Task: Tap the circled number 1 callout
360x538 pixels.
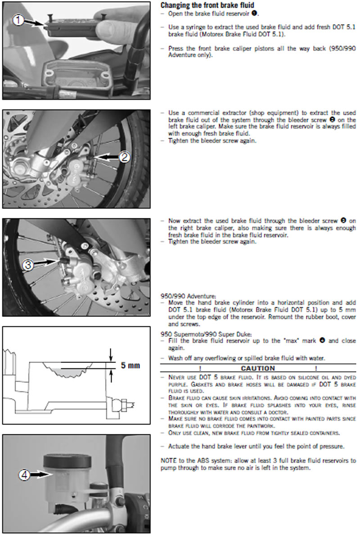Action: tap(18, 19)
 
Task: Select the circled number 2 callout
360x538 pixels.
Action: tap(125, 157)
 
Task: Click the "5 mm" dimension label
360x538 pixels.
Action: tap(130, 365)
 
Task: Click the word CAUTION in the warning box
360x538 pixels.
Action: tap(258, 368)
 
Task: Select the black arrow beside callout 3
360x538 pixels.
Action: tap(45, 262)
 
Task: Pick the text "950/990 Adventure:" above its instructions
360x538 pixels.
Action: tap(188, 296)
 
